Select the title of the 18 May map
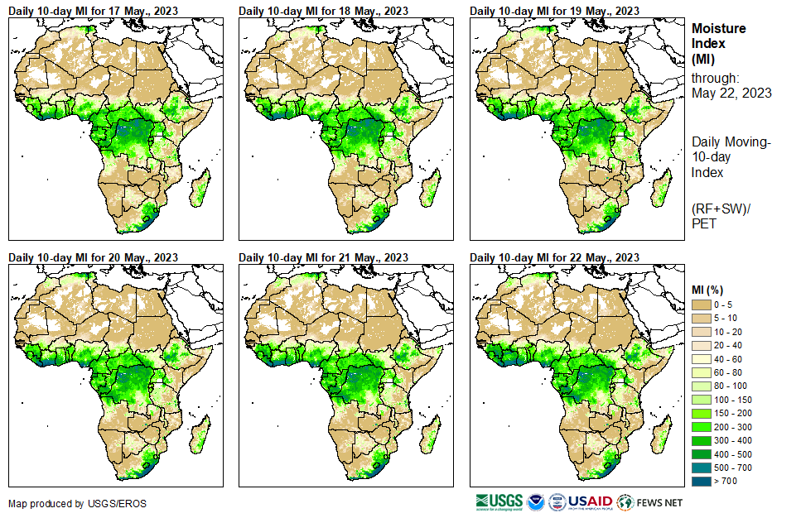click(323, 11)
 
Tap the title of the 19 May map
click(554, 11)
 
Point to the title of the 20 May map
click(93, 257)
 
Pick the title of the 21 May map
click(323, 257)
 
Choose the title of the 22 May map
click(554, 257)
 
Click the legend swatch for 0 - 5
click(702, 305)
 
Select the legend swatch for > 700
click(702, 481)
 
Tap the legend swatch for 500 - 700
click(702, 468)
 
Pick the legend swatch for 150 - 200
click(702, 413)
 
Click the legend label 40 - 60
click(729, 359)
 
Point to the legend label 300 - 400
click(732, 440)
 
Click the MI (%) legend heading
click(710, 289)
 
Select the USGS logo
click(499, 501)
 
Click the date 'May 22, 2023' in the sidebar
click(731, 93)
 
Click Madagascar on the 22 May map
click(660, 435)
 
